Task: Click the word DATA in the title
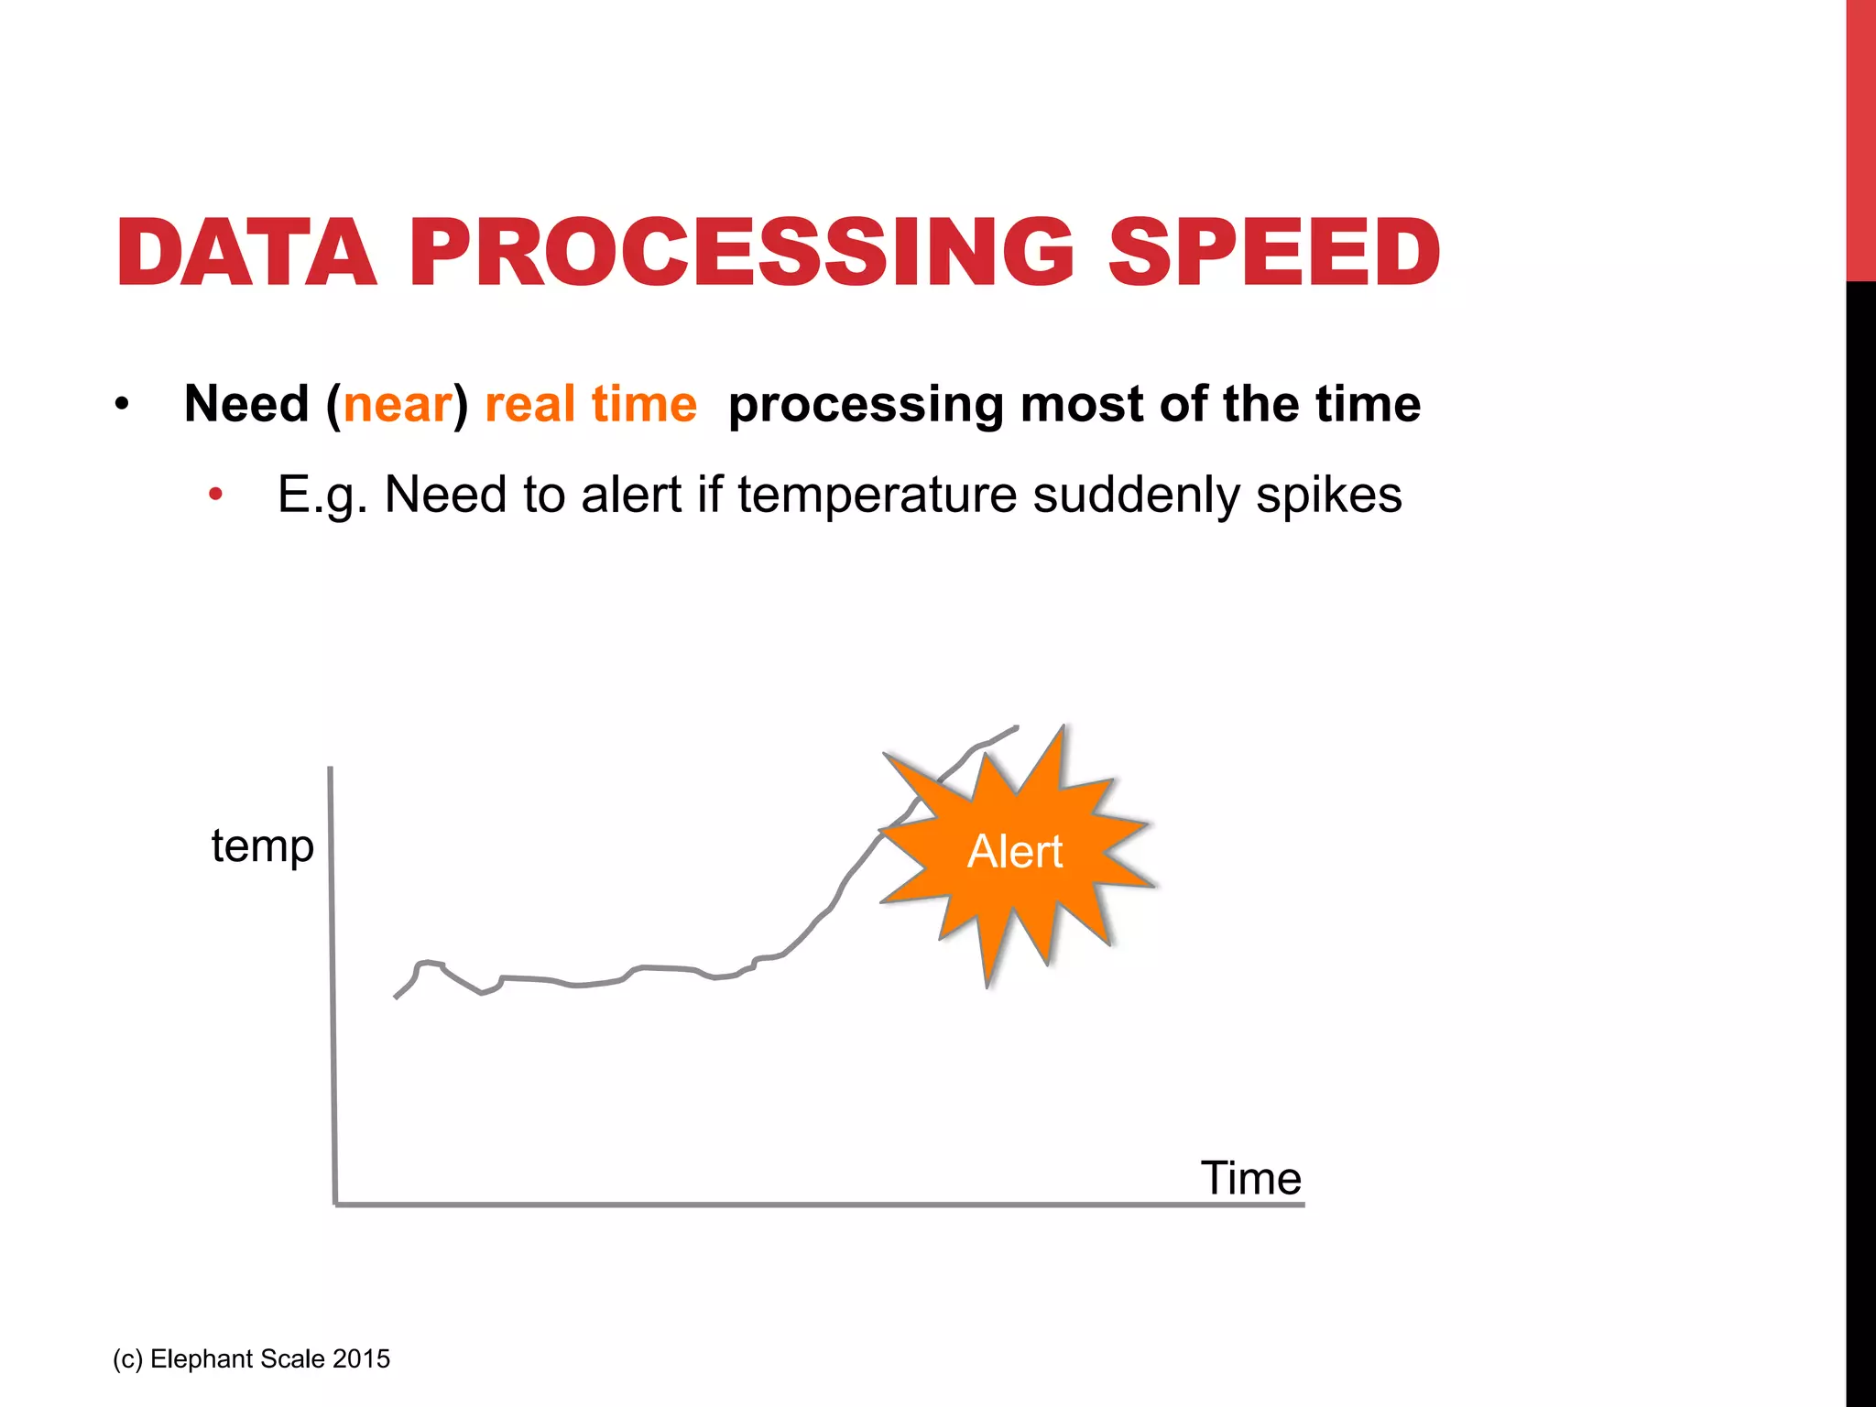pyautogui.click(x=245, y=253)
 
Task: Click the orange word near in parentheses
pyautogui.click(x=398, y=405)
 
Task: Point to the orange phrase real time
pyautogui.click(x=591, y=405)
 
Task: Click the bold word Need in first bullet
pyautogui.click(x=246, y=405)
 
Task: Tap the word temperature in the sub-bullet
pyautogui.click(x=877, y=496)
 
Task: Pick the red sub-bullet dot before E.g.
pyautogui.click(x=215, y=496)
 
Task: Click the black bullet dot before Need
pyautogui.click(x=122, y=405)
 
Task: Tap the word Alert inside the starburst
pyautogui.click(x=1015, y=852)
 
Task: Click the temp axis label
pyautogui.click(x=262, y=846)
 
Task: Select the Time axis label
pyautogui.click(x=1250, y=1178)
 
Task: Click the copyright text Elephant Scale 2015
pyautogui.click(x=252, y=1358)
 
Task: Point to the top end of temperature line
pyautogui.click(x=1016, y=728)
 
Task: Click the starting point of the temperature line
pyautogui.click(x=396, y=997)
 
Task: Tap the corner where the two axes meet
pyautogui.click(x=336, y=1204)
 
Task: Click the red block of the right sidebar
pyautogui.click(x=1860, y=137)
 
